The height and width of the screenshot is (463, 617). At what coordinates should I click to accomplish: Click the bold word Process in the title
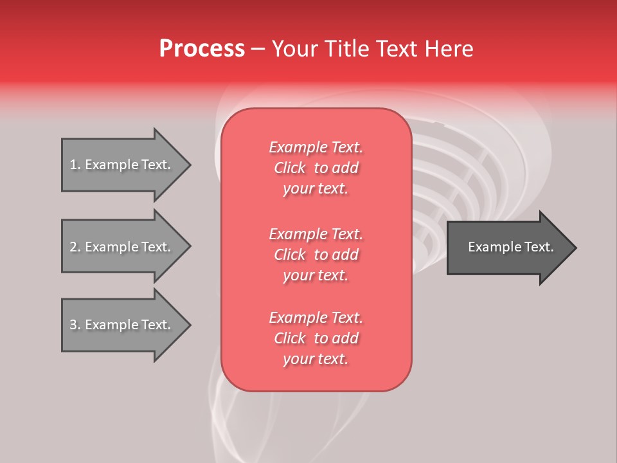point(202,49)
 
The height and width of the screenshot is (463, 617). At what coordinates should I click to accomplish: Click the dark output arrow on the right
point(508,247)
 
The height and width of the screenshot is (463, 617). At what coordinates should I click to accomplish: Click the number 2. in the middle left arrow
point(75,247)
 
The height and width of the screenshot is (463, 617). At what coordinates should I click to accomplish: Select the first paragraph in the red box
point(316,168)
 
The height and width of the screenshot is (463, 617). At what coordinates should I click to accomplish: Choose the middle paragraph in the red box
point(316,255)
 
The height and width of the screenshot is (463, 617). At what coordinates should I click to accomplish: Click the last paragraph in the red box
point(316,338)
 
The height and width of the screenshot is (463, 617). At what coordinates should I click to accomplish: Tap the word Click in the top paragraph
point(290,168)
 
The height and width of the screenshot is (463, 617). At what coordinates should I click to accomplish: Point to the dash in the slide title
point(258,50)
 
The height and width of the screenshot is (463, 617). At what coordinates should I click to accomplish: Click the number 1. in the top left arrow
point(75,165)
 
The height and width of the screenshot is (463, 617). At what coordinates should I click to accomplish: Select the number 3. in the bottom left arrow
point(75,325)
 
